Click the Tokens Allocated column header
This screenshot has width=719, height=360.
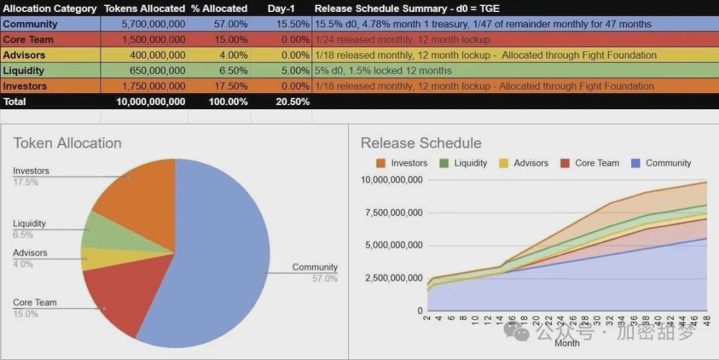[x=144, y=9]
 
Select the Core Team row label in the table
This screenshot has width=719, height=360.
[x=28, y=39]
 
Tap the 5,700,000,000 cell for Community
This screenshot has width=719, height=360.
[x=152, y=24]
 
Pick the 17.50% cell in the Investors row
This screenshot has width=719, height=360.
[x=229, y=86]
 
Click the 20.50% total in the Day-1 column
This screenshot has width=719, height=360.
[x=292, y=102]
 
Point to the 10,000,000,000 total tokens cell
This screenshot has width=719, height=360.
[x=150, y=102]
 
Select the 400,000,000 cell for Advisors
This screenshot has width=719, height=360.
[x=158, y=55]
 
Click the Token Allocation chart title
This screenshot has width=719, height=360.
[x=67, y=143]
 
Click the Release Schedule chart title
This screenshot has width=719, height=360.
[x=421, y=143]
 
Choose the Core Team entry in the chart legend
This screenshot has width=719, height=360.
[x=597, y=163]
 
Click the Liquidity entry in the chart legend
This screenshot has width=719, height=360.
[x=470, y=163]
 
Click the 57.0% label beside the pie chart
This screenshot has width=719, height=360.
[x=324, y=278]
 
